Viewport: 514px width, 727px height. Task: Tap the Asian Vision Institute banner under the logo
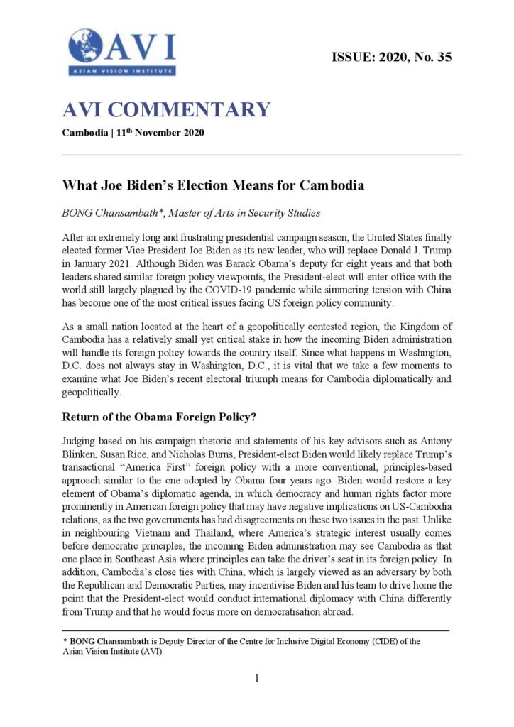[121, 71]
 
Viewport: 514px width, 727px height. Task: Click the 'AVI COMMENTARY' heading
[166, 109]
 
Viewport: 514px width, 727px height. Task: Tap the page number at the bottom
[257, 678]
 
